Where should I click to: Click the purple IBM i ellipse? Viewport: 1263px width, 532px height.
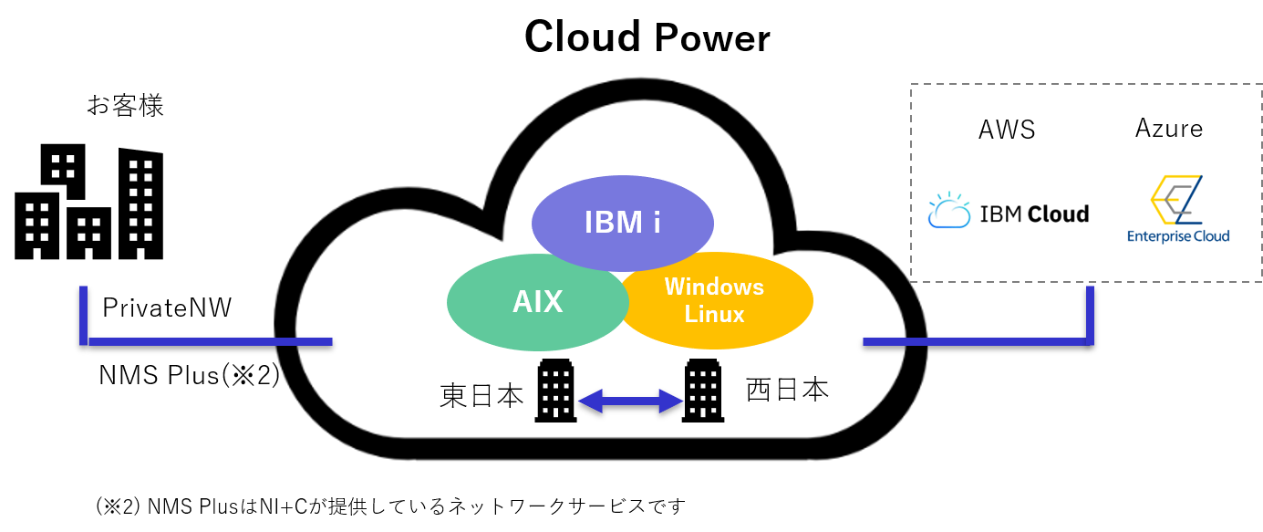(623, 222)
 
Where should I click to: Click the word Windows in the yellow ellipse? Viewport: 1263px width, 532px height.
(714, 287)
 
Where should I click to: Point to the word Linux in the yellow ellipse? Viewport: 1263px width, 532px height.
(714, 314)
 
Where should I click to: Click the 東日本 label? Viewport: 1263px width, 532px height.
(481, 395)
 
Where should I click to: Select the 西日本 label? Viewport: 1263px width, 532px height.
(787, 390)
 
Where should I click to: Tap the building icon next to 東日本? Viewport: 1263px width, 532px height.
(555, 391)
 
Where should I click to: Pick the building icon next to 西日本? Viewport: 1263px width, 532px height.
(703, 391)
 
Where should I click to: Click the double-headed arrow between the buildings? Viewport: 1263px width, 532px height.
(630, 400)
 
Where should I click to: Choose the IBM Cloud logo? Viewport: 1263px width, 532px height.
(1009, 211)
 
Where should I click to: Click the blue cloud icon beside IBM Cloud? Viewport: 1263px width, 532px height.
(949, 211)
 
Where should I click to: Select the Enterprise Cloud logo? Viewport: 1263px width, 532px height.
(1177, 207)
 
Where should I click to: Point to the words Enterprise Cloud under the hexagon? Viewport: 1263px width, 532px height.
(1178, 235)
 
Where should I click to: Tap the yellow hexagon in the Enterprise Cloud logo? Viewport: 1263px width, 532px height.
(1167, 197)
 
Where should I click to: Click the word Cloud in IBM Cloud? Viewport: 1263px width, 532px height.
(1058, 214)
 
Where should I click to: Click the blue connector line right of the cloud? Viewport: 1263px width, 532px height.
(976, 342)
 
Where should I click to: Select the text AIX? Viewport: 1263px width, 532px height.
(537, 301)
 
